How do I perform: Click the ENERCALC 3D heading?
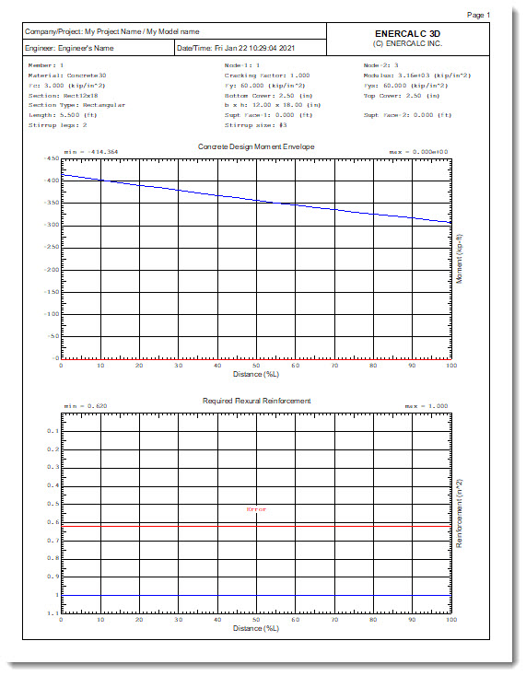[x=415, y=33]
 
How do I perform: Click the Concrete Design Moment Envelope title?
[x=256, y=146]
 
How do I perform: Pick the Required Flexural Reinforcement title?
[x=256, y=401]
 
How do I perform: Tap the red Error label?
[x=255, y=509]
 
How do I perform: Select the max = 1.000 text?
[x=427, y=405]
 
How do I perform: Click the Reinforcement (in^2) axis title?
[x=460, y=511]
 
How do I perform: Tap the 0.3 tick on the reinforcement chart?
[x=53, y=466]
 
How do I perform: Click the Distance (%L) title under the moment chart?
[x=256, y=374]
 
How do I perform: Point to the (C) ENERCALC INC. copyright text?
[x=415, y=43]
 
